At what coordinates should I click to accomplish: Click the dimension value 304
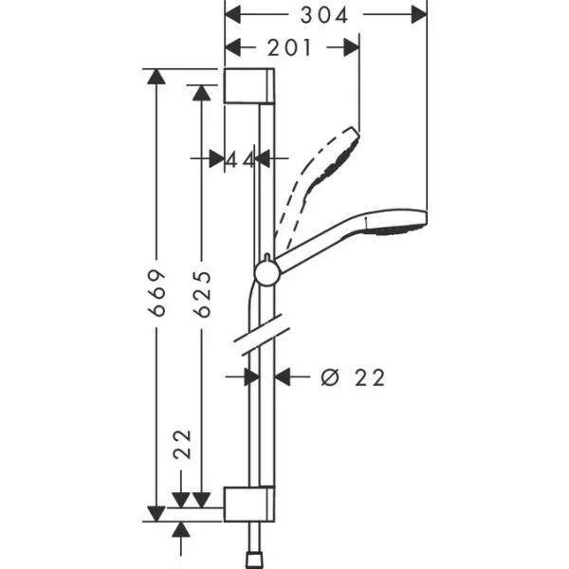(x=324, y=15)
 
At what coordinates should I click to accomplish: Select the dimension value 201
(x=289, y=47)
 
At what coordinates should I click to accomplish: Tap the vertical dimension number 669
(x=157, y=292)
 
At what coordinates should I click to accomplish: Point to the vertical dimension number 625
(x=202, y=294)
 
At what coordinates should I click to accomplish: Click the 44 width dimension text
(x=240, y=160)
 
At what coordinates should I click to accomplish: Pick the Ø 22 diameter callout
(x=353, y=377)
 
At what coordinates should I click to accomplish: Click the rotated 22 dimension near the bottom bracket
(x=182, y=444)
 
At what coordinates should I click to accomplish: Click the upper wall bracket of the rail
(x=249, y=85)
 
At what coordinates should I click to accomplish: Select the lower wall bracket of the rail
(x=248, y=505)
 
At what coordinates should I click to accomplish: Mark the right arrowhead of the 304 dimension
(x=419, y=15)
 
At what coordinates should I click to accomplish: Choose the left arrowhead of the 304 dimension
(x=232, y=15)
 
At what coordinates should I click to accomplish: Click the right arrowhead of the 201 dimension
(x=352, y=47)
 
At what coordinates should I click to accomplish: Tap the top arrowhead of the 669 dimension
(x=156, y=77)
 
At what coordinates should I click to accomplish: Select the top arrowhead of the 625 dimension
(x=201, y=93)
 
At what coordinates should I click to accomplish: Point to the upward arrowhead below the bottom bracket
(x=181, y=530)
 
